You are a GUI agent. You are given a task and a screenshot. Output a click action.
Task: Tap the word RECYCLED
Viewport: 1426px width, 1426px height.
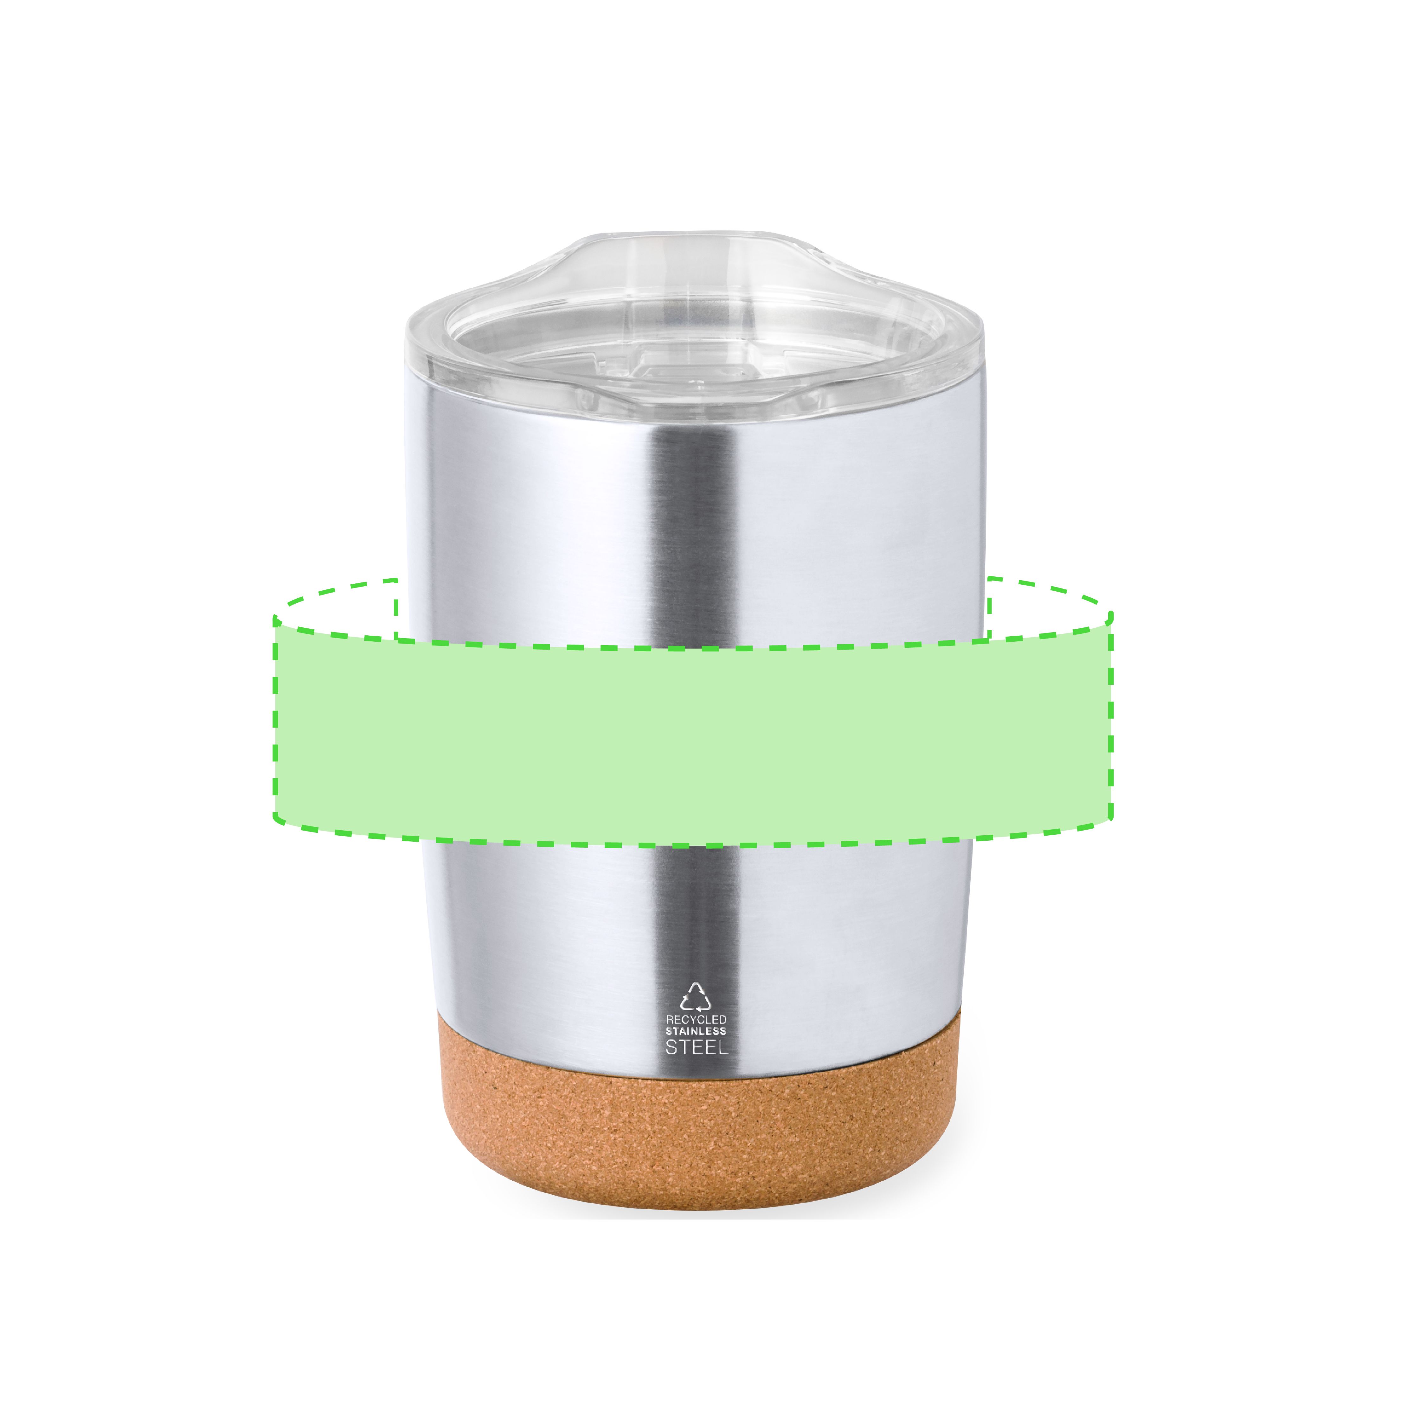click(x=696, y=1019)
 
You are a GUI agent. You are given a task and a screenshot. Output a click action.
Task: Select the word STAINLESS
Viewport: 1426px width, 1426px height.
click(x=696, y=1031)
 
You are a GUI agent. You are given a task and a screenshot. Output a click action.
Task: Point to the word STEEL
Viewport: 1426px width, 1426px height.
click(x=696, y=1047)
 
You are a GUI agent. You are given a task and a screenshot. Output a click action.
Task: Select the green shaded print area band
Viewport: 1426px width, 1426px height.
click(x=692, y=731)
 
